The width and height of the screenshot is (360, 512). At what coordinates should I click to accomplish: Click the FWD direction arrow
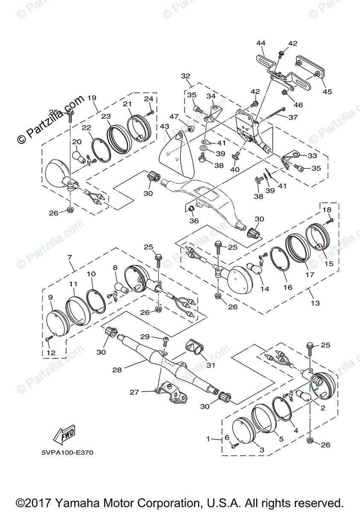pyautogui.click(x=64, y=433)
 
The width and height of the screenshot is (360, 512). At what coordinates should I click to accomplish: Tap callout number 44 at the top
pyautogui.click(x=261, y=43)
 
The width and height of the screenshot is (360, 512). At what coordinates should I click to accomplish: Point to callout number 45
pyautogui.click(x=327, y=91)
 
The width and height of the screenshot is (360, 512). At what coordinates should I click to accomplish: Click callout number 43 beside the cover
pyautogui.click(x=165, y=127)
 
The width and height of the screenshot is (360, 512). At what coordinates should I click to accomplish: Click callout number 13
pyautogui.click(x=315, y=303)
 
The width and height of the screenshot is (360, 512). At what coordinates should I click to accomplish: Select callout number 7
pyautogui.click(x=70, y=258)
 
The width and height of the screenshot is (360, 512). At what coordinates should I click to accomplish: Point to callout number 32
pyautogui.click(x=185, y=76)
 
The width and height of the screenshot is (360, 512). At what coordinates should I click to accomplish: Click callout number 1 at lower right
pyautogui.click(x=208, y=439)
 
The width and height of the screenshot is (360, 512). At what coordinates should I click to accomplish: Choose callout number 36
pyautogui.click(x=195, y=221)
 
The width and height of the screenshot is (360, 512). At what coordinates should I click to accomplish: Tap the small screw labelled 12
pyautogui.click(x=48, y=339)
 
